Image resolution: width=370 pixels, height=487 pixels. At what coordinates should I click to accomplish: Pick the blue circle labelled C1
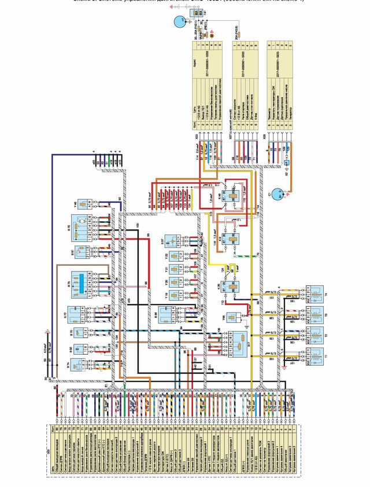pyautogui.click(x=278, y=194)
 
